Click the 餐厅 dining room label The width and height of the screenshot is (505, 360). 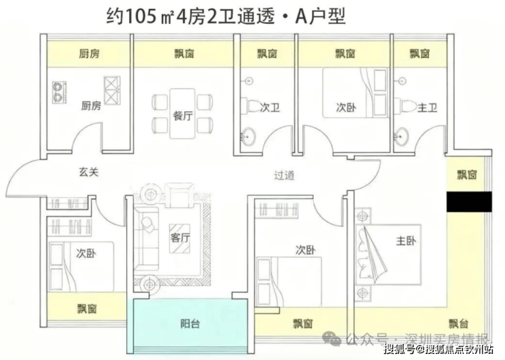[182, 115]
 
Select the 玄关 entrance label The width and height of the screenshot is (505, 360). [89, 172]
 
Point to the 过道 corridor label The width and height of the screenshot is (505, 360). [285, 175]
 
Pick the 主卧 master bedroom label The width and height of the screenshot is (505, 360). [405, 241]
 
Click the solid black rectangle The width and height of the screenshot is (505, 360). [469, 202]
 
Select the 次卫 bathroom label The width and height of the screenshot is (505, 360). [271, 107]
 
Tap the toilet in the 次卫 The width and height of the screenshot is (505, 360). [252, 106]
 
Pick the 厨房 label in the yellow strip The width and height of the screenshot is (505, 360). [89, 54]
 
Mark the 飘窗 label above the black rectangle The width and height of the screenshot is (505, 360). [468, 175]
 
